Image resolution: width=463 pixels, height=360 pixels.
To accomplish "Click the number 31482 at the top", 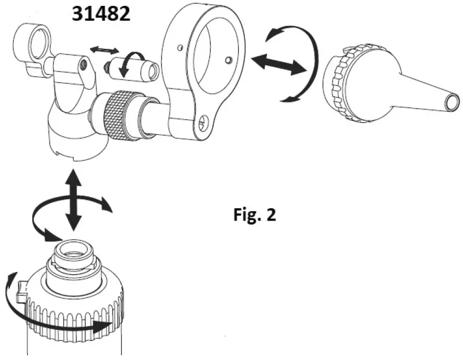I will pyautogui.click(x=101, y=14).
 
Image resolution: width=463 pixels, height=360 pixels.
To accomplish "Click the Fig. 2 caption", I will pyautogui.click(x=255, y=215).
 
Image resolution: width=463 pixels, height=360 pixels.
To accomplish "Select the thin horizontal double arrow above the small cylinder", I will pyautogui.click(x=104, y=50).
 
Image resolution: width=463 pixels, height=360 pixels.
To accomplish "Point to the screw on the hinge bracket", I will pyautogui.click(x=84, y=65).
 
